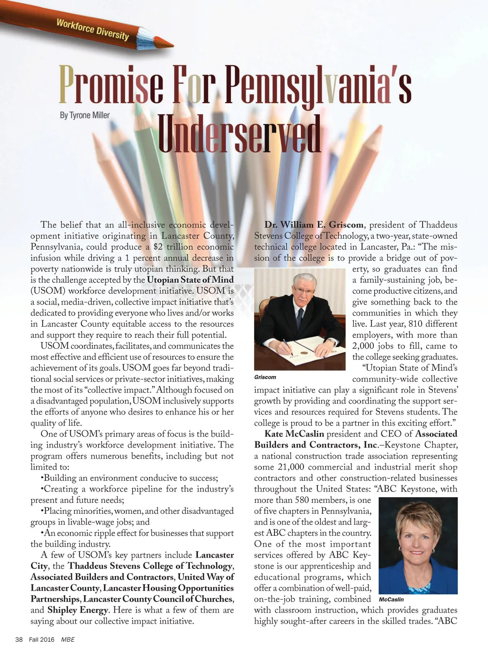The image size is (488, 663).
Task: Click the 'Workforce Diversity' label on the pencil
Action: (92, 29)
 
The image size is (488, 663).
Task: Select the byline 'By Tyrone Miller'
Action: (85, 115)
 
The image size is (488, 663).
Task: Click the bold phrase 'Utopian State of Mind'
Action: (190, 280)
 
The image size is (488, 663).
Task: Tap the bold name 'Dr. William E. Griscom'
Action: (314, 225)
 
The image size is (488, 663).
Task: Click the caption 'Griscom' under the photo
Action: (265, 377)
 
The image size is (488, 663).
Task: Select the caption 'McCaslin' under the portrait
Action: (391, 599)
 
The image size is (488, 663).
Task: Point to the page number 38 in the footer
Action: (19, 639)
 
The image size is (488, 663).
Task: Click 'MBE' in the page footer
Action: (68, 639)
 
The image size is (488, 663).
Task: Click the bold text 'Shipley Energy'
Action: (78, 610)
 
